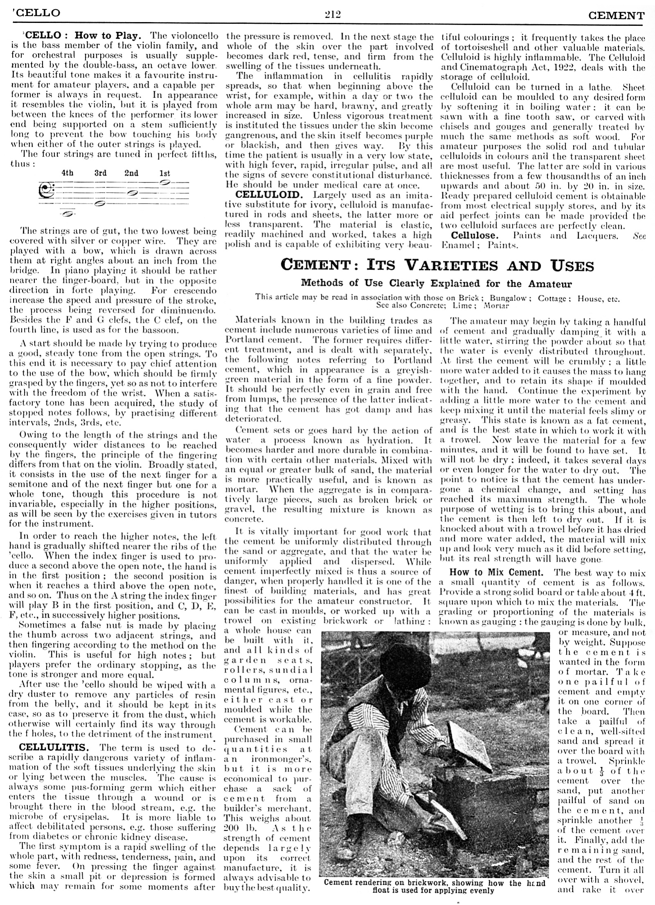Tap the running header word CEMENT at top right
616,16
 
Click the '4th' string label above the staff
68,173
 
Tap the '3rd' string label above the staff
100,173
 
